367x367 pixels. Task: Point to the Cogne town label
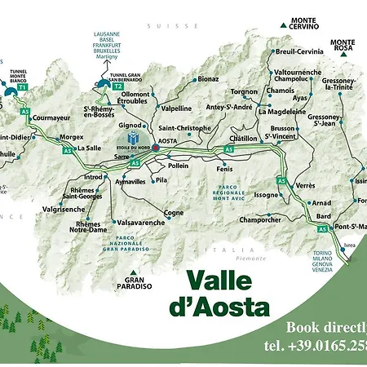coord(174,213)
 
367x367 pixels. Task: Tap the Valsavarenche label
coord(141,221)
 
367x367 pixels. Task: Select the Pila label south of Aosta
coord(161,180)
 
